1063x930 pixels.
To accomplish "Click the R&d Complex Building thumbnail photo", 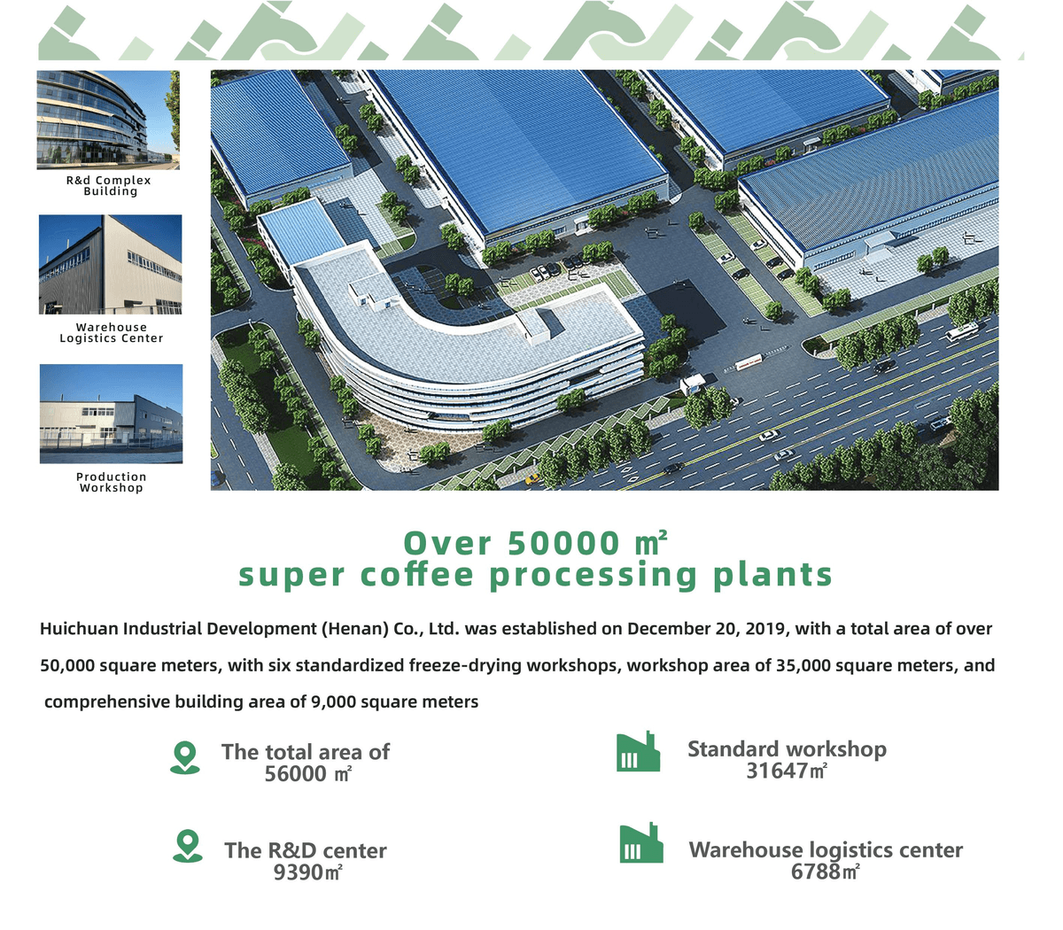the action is tap(108, 120).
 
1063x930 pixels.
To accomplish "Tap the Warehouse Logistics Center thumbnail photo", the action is tap(110, 265).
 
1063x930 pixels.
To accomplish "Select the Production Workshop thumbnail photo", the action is tap(112, 414).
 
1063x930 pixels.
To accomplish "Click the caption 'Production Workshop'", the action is tap(112, 482).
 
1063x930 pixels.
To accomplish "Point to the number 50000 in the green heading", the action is tap(563, 544).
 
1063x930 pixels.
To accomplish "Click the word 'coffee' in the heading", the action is tap(417, 575).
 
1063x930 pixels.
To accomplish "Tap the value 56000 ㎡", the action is tap(308, 773).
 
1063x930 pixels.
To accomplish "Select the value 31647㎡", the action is tap(787, 771).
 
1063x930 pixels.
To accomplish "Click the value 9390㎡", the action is tap(307, 872).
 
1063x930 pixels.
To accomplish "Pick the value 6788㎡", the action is tap(825, 872).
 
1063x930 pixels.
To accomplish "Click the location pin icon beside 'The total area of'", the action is tap(185, 758).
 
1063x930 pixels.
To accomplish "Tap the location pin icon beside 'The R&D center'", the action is tap(188, 847).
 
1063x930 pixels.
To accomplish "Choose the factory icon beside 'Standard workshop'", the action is tap(638, 751).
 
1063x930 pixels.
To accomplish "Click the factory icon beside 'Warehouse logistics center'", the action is tap(641, 843).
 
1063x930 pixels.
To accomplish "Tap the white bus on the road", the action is tap(962, 331).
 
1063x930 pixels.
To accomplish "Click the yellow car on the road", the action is tap(531, 478).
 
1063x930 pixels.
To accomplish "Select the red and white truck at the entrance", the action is tap(749, 361).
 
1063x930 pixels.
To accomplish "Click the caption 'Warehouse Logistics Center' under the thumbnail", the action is tap(112, 332).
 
